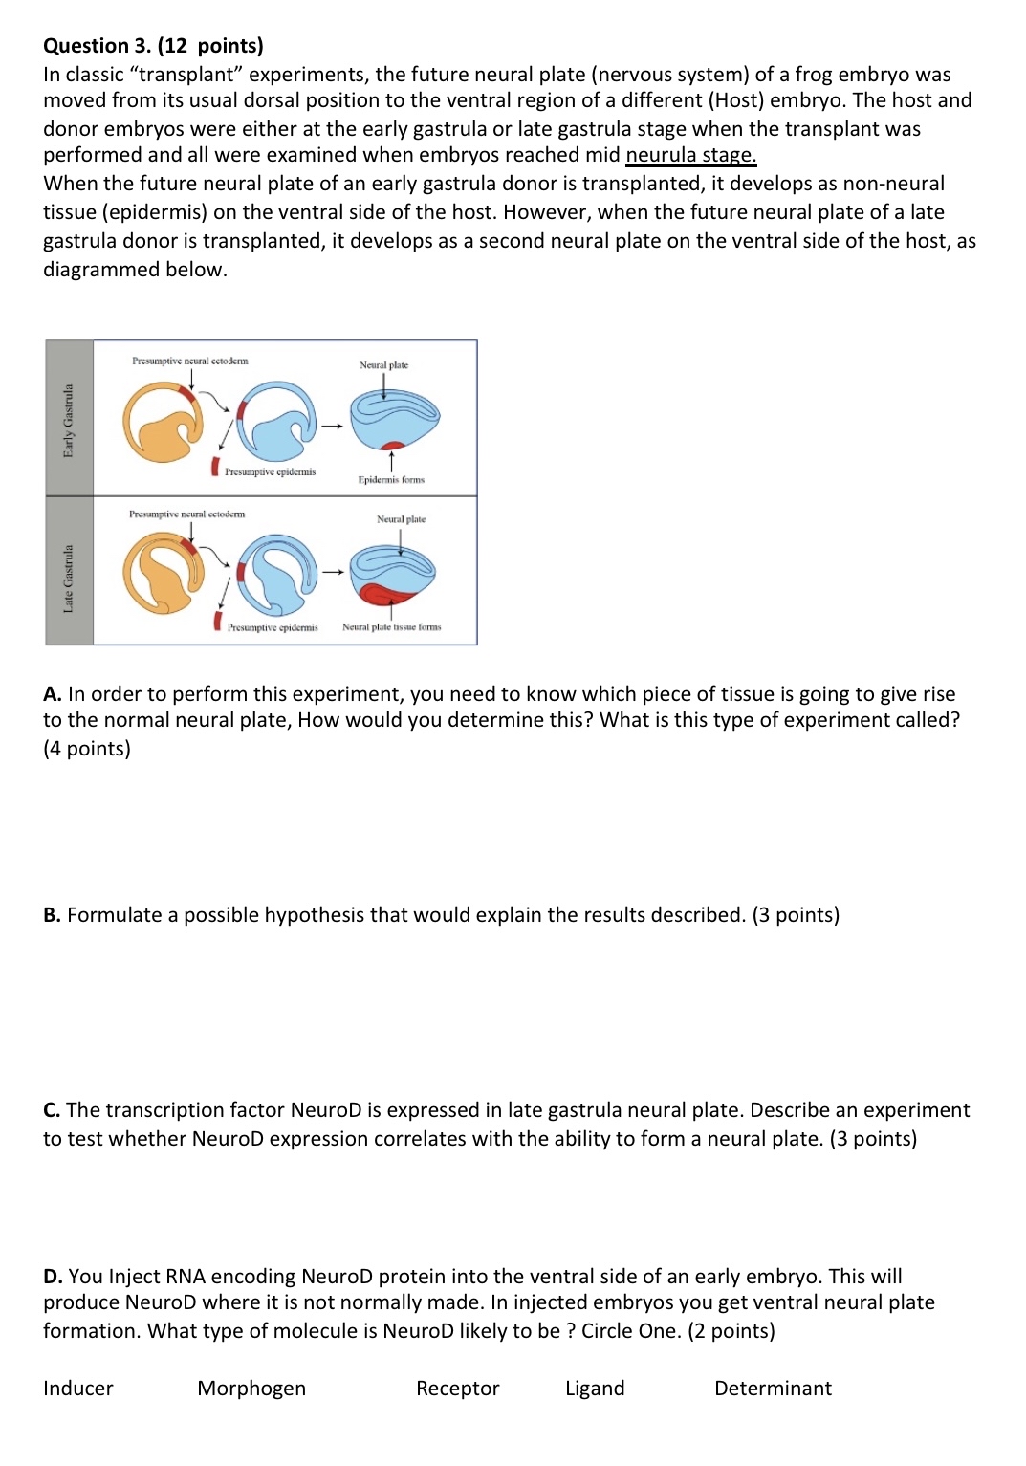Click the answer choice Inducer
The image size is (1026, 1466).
click(x=77, y=1389)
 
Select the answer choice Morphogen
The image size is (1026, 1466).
click(x=251, y=1389)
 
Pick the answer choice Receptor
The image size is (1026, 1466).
click(x=457, y=1389)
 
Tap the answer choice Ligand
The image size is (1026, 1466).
click(x=595, y=1389)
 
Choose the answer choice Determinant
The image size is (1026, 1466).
click(x=773, y=1389)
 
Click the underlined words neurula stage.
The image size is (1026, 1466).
click(x=690, y=155)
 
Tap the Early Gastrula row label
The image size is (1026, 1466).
click(x=69, y=420)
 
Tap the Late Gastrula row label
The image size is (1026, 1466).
click(x=69, y=578)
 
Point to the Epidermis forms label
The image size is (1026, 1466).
click(x=391, y=480)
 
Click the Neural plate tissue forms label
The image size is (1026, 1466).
click(x=391, y=627)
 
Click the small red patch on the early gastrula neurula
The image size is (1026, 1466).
click(x=392, y=445)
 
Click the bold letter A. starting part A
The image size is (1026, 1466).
click(x=53, y=694)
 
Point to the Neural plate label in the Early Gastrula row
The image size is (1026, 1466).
click(x=383, y=365)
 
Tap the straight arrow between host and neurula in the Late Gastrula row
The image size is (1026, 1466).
click(x=332, y=573)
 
